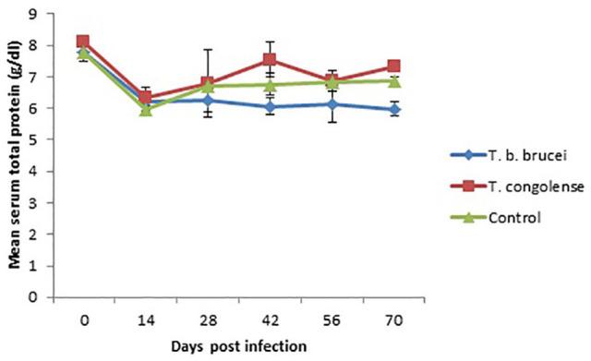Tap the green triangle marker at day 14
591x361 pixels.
[145, 110]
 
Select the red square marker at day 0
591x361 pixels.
[83, 42]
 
